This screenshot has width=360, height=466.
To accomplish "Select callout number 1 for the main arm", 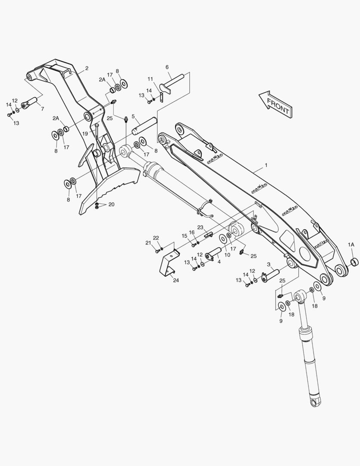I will (x=266, y=165).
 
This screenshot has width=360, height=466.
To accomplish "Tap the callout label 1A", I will (x=351, y=245).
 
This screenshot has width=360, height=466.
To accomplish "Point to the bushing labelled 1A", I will (x=354, y=262).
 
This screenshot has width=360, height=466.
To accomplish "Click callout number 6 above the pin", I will (x=167, y=67).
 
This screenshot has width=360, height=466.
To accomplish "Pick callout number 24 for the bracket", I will (x=176, y=280).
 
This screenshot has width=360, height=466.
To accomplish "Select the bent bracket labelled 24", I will (x=168, y=261).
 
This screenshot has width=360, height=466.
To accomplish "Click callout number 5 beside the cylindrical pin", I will (x=133, y=116).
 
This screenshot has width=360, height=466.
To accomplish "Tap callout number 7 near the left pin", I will (x=42, y=109).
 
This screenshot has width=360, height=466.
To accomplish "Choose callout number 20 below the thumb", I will (x=112, y=205).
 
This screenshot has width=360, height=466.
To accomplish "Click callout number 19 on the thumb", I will (x=85, y=134).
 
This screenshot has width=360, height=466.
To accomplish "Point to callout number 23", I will (x=200, y=227).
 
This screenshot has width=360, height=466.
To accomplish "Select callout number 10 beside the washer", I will (x=227, y=255).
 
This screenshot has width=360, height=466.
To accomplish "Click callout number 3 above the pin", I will (x=268, y=264).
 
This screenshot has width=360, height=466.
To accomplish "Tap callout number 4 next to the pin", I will (x=219, y=261).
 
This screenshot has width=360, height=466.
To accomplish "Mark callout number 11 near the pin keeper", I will (x=150, y=79).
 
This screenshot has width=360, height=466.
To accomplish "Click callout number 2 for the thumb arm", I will (x=87, y=68).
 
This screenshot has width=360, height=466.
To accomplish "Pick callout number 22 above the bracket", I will (x=156, y=238).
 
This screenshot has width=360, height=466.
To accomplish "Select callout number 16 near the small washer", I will (x=191, y=233).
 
